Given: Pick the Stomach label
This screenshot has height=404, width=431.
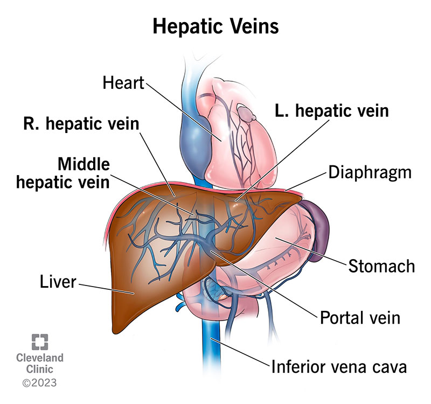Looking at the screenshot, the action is pyautogui.click(x=381, y=266).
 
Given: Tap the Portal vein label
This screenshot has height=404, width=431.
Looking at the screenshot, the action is pyautogui.click(x=360, y=317).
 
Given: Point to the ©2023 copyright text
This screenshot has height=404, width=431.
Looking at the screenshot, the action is pyautogui.click(x=40, y=384).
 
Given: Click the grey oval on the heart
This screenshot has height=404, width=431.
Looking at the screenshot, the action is pyautogui.click(x=246, y=114).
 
